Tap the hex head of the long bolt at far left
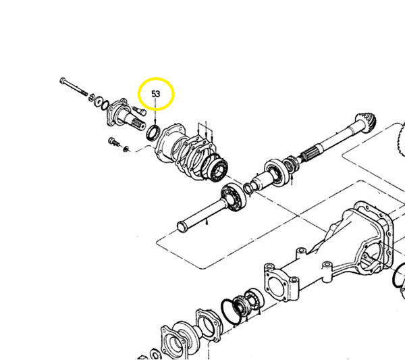tap(63, 82)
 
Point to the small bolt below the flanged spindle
tap(114, 142)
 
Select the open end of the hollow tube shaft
tap(181, 224)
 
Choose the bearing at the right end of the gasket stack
tap(219, 166)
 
